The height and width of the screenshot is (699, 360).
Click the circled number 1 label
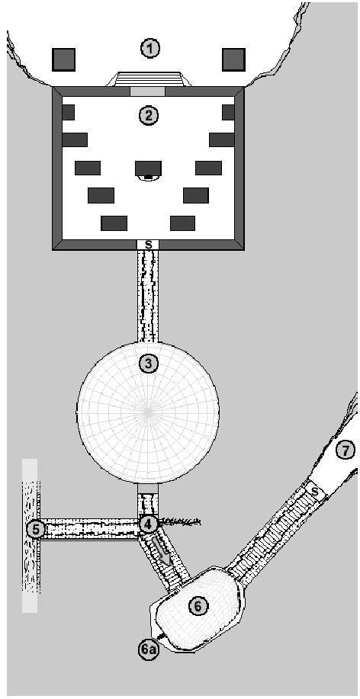point(150,49)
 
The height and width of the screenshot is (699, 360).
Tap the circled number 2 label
point(148,116)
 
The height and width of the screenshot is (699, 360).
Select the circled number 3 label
point(148,364)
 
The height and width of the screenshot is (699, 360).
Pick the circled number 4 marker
point(148,524)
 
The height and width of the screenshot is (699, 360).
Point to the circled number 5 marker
point(36,530)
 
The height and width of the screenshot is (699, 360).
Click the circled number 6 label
point(198,606)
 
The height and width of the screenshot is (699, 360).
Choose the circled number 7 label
point(345,451)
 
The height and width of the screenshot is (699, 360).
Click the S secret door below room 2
point(148,245)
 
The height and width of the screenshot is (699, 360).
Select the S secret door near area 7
point(316,491)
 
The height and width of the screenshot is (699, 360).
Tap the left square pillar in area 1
point(64,59)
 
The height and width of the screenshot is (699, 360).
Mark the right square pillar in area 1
point(233,59)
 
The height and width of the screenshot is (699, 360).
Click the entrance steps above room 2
point(149,79)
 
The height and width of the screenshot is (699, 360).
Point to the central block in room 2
point(148,168)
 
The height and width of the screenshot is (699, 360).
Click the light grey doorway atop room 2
point(148,91)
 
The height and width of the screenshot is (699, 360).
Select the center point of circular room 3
point(148,412)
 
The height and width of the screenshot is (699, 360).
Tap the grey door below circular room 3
point(148,489)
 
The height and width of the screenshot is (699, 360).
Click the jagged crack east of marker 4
point(180,521)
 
